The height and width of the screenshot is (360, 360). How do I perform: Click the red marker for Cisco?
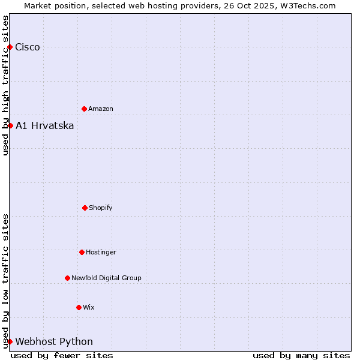(x=10, y=47)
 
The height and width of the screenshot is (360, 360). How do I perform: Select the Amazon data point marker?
(x=84, y=109)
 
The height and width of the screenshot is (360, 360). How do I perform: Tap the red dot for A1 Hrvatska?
(x=10, y=125)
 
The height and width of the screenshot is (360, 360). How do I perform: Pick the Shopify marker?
(x=85, y=208)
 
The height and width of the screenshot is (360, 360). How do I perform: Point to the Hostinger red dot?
(x=82, y=252)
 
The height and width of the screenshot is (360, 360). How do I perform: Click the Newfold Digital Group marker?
(x=67, y=278)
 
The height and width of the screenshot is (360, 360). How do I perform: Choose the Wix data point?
(x=79, y=307)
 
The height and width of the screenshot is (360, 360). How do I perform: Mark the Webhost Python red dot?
(x=10, y=341)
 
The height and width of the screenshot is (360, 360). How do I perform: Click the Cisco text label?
(x=28, y=47)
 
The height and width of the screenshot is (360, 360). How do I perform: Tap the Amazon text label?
(x=101, y=109)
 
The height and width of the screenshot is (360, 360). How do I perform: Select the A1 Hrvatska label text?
(x=45, y=126)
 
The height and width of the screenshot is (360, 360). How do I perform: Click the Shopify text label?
(x=101, y=208)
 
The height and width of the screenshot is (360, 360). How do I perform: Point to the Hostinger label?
(x=101, y=253)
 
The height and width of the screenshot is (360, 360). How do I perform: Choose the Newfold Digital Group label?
(x=106, y=278)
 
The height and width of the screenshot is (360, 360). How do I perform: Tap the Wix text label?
(x=89, y=308)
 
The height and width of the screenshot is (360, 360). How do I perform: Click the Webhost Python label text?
(x=54, y=342)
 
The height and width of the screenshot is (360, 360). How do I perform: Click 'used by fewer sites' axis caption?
(x=62, y=355)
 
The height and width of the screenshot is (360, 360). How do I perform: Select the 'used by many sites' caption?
(x=301, y=355)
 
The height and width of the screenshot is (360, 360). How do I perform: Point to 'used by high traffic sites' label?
(x=5, y=85)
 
